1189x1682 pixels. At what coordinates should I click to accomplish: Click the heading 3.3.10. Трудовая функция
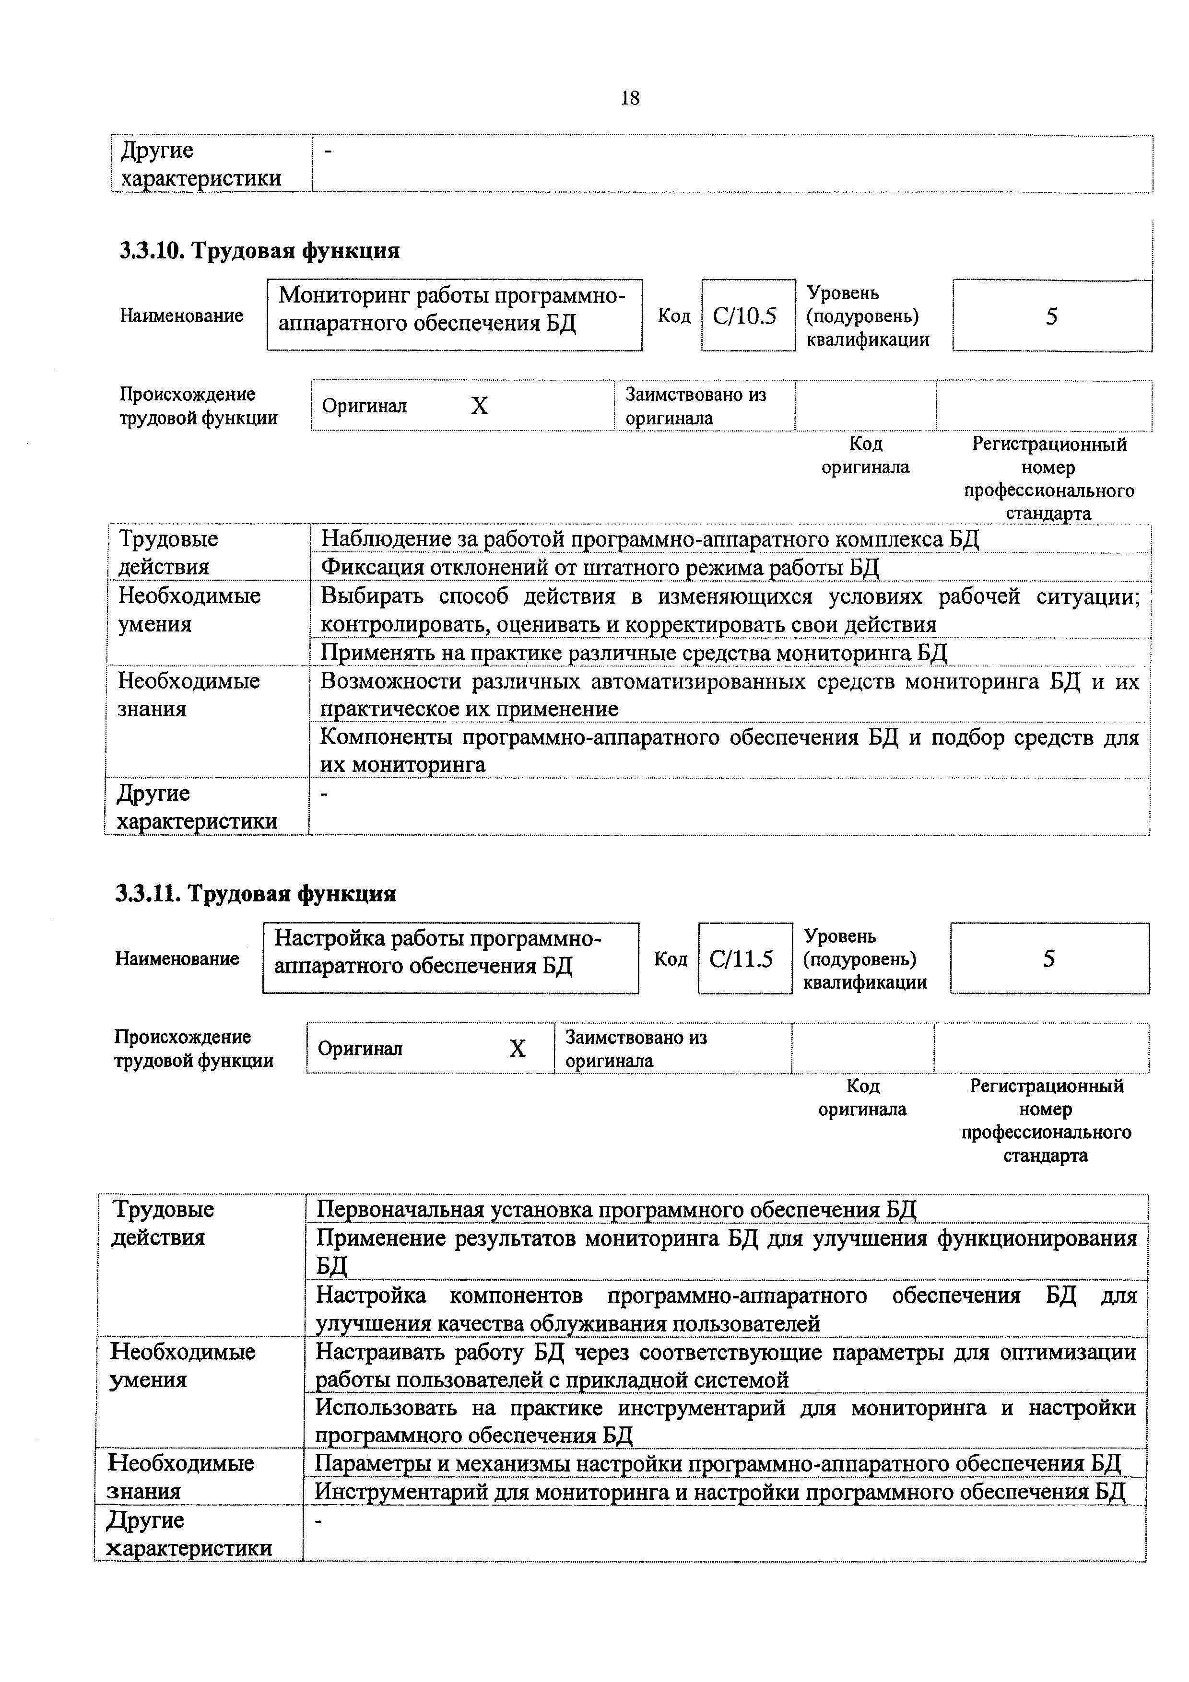pyautogui.click(x=260, y=251)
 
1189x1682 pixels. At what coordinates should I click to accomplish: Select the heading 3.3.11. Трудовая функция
pyautogui.click(x=256, y=894)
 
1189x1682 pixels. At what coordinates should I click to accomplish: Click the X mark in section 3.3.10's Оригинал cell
pyautogui.click(x=479, y=405)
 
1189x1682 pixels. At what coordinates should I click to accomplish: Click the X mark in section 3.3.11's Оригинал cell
pyautogui.click(x=517, y=1048)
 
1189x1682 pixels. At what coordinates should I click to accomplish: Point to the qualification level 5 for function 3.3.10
pyautogui.click(x=1051, y=316)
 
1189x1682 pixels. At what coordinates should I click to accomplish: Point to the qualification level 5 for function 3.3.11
pyautogui.click(x=1048, y=959)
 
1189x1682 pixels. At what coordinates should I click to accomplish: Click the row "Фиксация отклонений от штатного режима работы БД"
pyautogui.click(x=600, y=567)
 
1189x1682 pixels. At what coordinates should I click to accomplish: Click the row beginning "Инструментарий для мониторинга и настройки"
pyautogui.click(x=720, y=1492)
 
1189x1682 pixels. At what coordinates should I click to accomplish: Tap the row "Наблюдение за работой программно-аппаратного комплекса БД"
pyautogui.click(x=650, y=539)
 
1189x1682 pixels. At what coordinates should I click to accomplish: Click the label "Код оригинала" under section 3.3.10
pyautogui.click(x=865, y=456)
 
